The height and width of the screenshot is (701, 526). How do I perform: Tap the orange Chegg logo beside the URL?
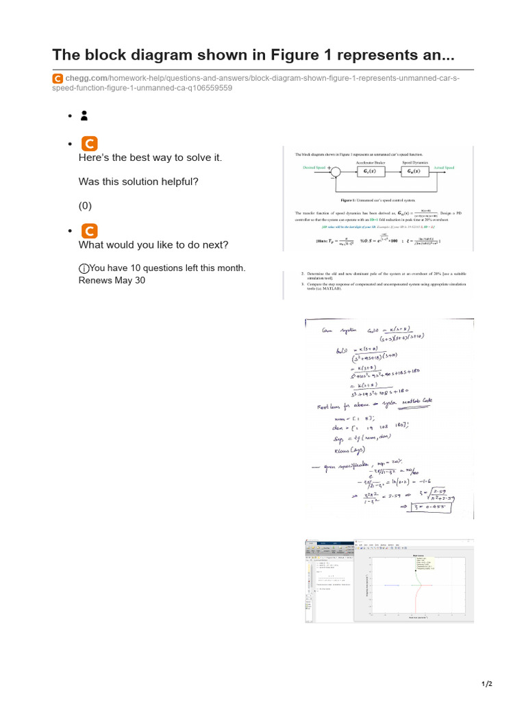tap(58, 79)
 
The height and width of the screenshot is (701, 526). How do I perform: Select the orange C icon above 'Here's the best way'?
tap(88, 143)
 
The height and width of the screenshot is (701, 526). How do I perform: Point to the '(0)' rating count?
tap(85, 205)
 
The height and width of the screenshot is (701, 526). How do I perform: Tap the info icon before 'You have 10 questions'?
tap(84, 268)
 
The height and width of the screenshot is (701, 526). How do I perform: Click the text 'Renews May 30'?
tap(112, 280)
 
